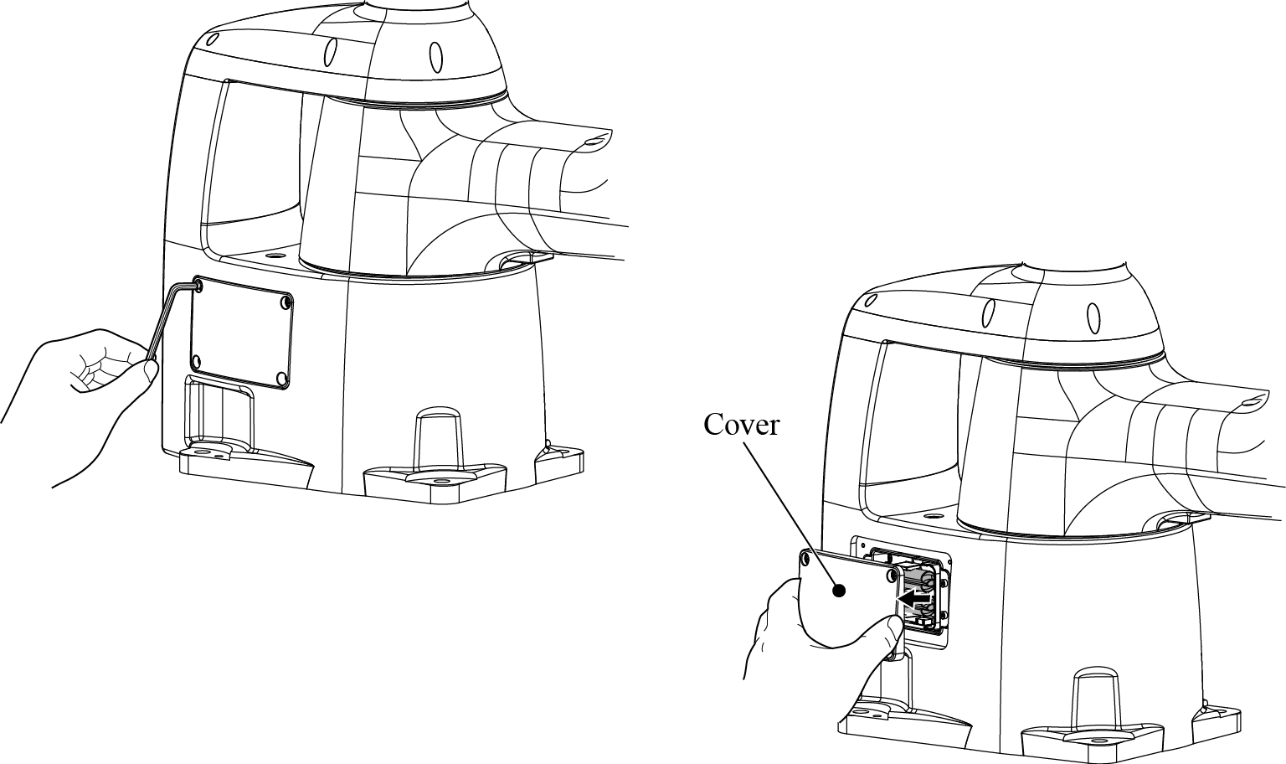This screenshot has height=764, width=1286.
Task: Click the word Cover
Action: coord(741,425)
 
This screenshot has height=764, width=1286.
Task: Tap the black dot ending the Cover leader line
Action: coord(839,590)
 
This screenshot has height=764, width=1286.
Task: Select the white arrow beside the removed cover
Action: coord(914,599)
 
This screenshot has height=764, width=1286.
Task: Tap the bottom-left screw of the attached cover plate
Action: coord(196,362)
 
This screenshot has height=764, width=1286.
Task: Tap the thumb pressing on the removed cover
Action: coord(888,632)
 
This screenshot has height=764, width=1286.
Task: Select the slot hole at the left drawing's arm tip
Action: coord(593,140)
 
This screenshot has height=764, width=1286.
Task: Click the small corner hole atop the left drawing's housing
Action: coord(213,39)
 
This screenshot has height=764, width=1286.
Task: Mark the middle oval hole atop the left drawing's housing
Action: coord(330,52)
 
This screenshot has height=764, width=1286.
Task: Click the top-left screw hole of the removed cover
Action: coord(805,558)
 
